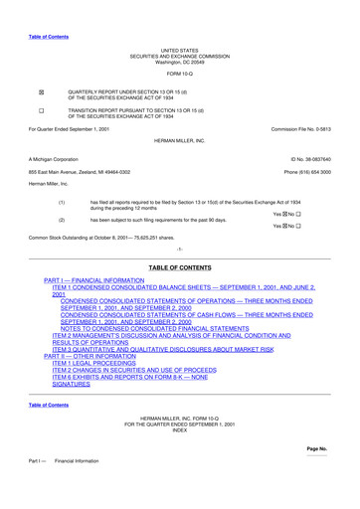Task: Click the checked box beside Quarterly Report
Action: click(x=41, y=89)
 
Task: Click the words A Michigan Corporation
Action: click(x=54, y=159)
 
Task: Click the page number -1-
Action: click(x=180, y=248)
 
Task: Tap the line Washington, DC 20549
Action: click(x=180, y=61)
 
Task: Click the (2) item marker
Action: click(x=62, y=219)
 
